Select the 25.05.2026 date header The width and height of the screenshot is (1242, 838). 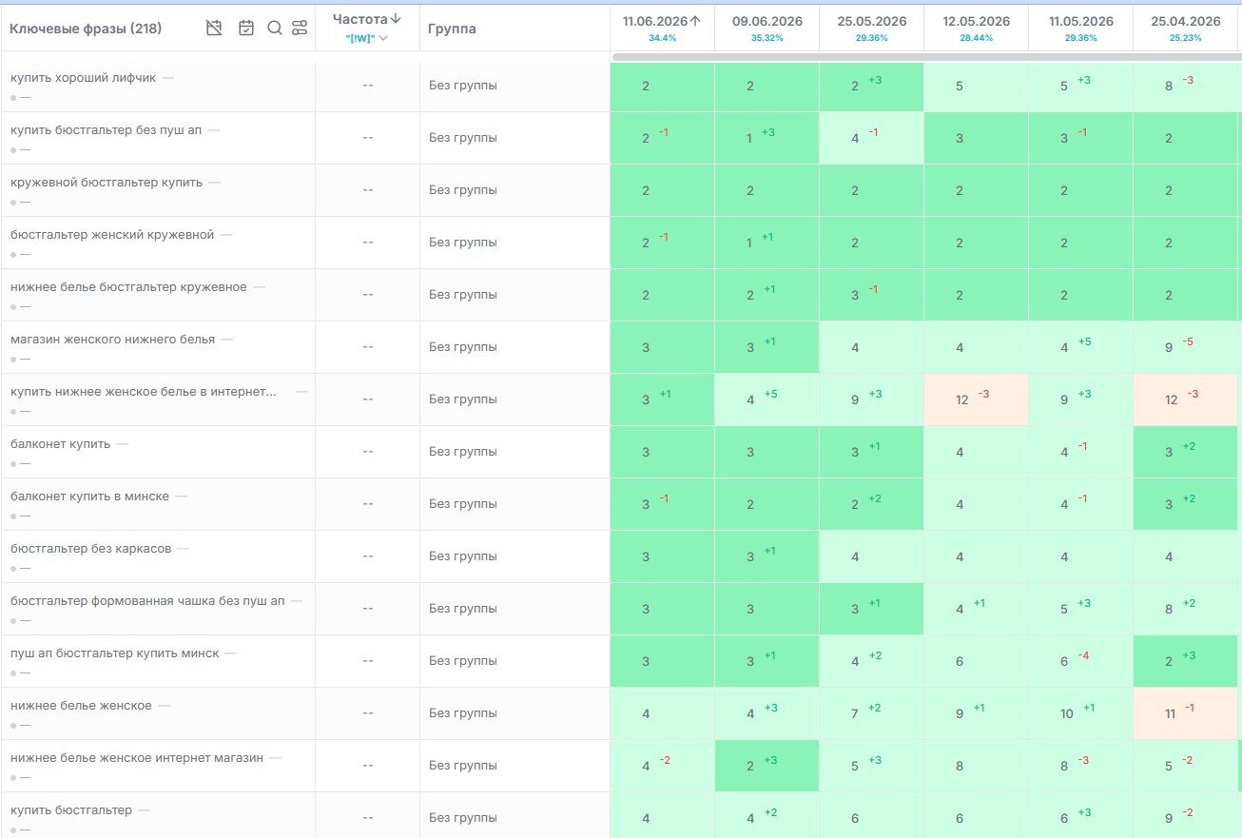coord(872,22)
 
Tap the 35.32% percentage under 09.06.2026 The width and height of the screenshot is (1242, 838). coord(767,38)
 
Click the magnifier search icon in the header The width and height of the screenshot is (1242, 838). coord(275,28)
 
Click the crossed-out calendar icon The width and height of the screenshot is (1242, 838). coord(214,28)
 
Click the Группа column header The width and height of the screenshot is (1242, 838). coord(452,29)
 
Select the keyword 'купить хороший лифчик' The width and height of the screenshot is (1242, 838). coord(83,78)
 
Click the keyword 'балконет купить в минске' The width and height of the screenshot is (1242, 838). coord(89,497)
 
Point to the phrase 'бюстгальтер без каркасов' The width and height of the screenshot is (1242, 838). coord(91,549)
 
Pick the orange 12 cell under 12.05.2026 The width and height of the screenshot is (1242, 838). coord(976,400)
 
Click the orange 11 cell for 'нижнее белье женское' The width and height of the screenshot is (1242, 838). coord(1186,713)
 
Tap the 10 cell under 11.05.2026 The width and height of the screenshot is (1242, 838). coord(1080,713)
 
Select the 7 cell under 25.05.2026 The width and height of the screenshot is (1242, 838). coord(871,713)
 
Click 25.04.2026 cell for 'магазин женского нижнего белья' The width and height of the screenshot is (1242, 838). coord(1186,347)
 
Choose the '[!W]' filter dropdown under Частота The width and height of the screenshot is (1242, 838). coord(366,38)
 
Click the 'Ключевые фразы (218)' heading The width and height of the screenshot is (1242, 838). coord(86,29)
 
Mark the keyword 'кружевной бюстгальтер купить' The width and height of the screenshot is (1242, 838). coord(107,183)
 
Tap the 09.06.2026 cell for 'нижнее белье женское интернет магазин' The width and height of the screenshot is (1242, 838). coord(767,766)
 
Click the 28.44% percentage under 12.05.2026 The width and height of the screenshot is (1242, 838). coord(976,38)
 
